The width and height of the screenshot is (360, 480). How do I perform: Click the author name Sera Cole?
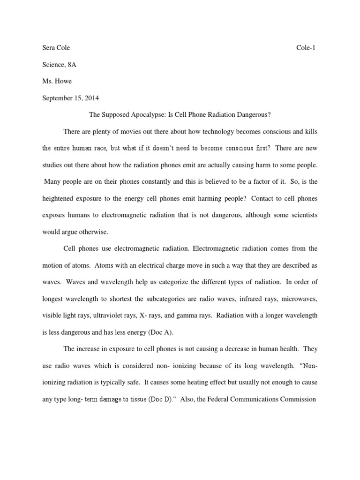click(x=56, y=47)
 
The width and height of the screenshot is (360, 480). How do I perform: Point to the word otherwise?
click(x=95, y=232)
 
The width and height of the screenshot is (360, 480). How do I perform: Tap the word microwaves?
click(x=299, y=299)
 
